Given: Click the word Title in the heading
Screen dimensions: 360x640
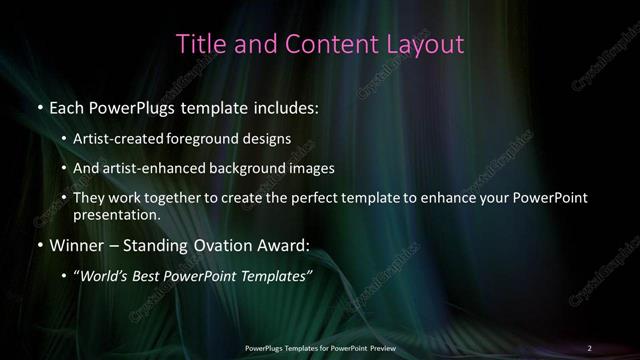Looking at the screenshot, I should [198, 44].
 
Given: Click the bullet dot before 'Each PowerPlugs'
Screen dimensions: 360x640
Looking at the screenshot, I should [40, 106].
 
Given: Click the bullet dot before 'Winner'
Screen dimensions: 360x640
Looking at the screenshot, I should [40, 244].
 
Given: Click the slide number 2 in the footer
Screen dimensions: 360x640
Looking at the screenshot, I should [589, 347].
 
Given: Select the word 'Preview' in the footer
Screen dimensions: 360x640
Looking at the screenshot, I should [381, 347].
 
